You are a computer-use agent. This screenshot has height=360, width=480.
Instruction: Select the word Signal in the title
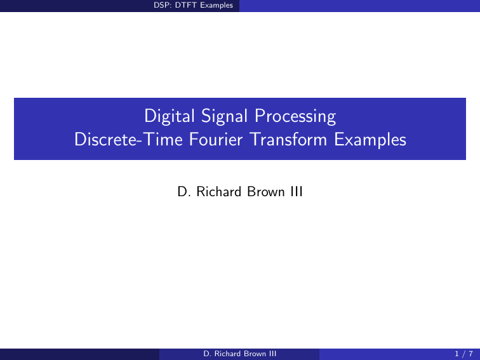pyautogui.click(x=219, y=117)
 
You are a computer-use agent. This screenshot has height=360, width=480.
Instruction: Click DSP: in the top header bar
pyautogui.click(x=163, y=6)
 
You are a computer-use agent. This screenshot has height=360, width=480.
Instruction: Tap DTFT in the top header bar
pyautogui.click(x=185, y=6)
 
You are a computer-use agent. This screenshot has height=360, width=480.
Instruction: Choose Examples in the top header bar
pyautogui.click(x=216, y=6)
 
